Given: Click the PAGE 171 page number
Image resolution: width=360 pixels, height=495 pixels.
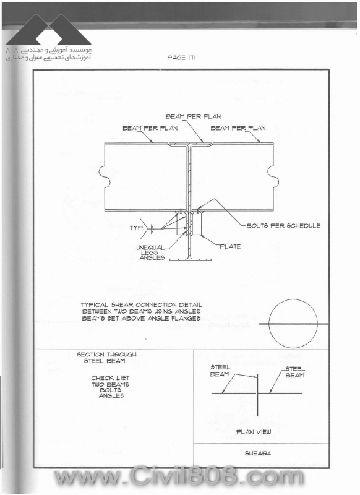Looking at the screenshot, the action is tap(181, 58).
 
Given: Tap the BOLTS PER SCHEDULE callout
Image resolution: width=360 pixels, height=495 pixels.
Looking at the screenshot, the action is tap(283, 225).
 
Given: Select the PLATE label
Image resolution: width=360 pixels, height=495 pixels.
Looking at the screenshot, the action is tap(230, 246).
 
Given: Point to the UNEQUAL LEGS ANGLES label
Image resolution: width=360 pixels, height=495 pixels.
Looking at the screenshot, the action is tap(151, 252).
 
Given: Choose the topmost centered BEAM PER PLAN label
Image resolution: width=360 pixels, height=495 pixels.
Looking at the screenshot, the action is tap(194, 116).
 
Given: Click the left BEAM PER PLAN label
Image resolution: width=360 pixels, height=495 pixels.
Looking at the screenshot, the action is tap(150, 128).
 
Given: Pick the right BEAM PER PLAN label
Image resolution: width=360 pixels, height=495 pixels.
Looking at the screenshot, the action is tap(238, 128).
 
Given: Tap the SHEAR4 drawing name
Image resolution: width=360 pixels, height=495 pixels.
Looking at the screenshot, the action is tap(258, 454).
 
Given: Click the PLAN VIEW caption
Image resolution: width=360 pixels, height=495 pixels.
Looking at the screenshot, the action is tap(254, 432).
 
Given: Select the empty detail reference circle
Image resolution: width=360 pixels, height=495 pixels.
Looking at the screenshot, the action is tap(293, 324).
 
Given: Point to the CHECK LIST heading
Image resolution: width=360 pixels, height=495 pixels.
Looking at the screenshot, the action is tap(111, 378).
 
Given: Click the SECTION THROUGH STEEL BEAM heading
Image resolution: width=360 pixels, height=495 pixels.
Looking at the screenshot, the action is tap(107, 358).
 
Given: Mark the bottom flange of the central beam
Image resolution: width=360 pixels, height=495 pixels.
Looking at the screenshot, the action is tap(191, 260).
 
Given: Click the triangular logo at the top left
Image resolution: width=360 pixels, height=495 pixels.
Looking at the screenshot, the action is tap(49, 30).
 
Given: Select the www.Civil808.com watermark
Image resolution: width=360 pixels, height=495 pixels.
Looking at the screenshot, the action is tap(179, 476).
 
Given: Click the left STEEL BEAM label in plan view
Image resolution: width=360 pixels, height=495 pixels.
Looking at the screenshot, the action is tap(220, 371).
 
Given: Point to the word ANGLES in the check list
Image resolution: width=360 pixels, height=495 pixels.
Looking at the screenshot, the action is tap(111, 395).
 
